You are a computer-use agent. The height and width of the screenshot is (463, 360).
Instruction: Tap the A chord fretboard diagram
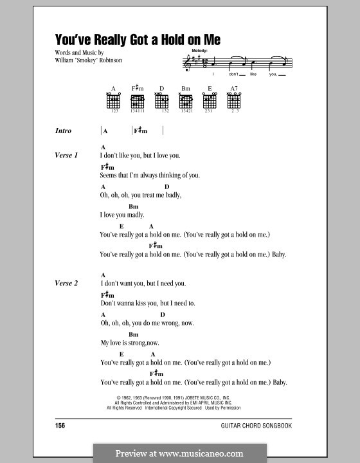113,102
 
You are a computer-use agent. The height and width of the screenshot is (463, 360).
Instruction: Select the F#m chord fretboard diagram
137,102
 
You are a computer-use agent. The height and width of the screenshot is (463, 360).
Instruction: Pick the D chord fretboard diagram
162,102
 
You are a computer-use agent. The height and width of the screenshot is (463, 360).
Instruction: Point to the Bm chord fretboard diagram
186,102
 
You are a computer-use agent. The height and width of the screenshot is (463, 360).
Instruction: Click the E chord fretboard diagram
210,102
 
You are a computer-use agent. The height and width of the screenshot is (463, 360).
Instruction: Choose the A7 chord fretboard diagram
233,102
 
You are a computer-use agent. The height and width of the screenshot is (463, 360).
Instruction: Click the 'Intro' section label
64,131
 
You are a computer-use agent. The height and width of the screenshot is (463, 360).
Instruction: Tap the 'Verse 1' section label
67,156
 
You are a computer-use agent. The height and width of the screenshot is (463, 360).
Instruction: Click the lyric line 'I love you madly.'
122,215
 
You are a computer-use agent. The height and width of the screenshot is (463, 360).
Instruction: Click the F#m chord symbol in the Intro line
141,131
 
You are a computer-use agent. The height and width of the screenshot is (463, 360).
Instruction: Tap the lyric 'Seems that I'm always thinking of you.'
150,175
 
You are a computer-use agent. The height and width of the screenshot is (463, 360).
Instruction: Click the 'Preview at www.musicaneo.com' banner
180,452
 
